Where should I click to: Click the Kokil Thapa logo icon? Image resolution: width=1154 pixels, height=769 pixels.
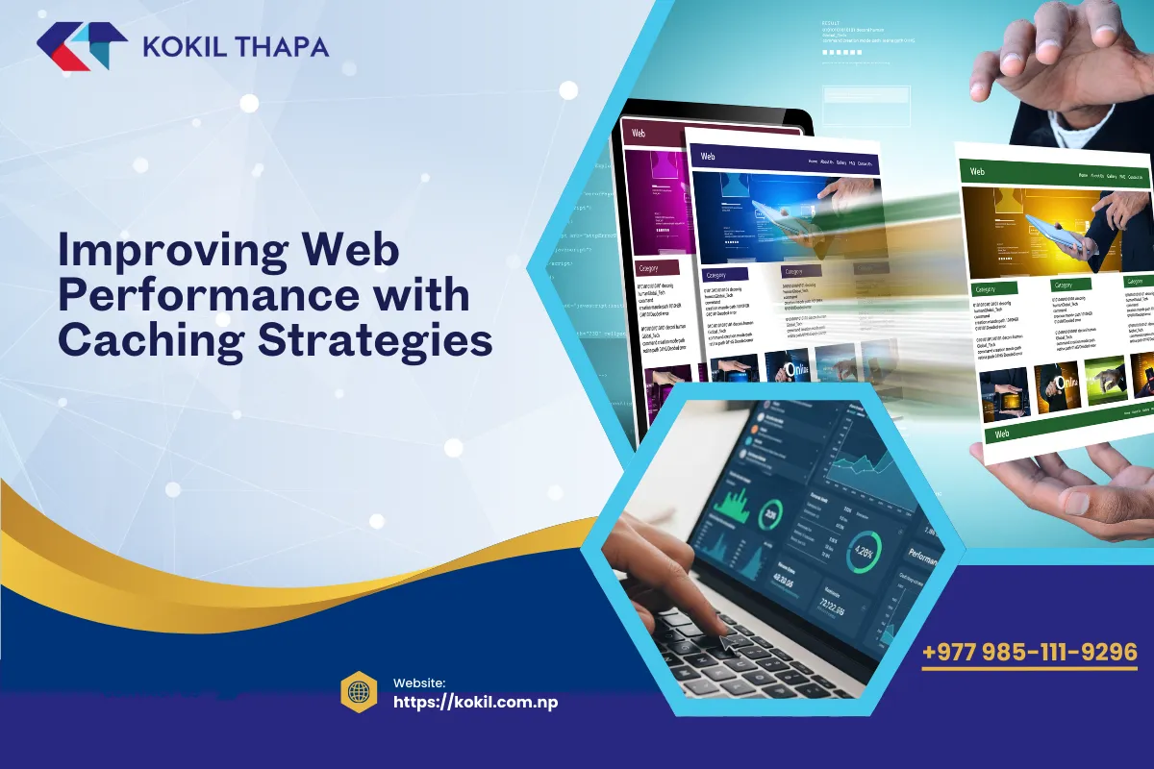point(82,47)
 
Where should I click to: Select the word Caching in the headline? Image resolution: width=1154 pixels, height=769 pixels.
point(159,339)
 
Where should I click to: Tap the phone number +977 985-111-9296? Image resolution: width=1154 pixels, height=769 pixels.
point(1029,653)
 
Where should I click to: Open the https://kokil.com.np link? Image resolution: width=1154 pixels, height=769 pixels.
point(476,702)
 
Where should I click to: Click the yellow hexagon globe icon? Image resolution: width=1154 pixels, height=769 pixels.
point(358,692)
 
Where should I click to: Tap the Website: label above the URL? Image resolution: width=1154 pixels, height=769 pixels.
point(419,682)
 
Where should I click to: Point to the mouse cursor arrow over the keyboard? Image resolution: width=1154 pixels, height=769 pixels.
point(728,642)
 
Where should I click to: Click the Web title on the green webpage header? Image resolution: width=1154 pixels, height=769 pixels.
point(977,172)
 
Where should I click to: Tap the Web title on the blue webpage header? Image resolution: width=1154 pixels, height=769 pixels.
point(708,156)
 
